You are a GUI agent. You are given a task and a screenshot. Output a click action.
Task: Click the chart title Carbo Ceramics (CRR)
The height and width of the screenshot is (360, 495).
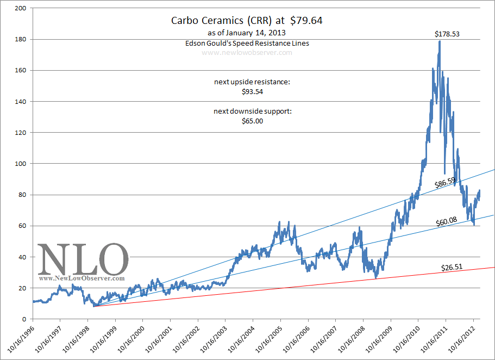(228, 21)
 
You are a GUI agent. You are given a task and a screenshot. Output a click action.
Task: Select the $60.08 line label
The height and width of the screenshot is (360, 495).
(448, 221)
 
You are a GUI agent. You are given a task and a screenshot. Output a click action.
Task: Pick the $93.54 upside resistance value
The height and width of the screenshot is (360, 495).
(252, 92)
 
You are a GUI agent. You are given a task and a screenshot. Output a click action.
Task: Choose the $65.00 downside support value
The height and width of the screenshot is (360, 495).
(252, 121)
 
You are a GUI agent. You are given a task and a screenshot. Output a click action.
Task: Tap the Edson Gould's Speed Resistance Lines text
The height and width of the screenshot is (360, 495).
(247, 43)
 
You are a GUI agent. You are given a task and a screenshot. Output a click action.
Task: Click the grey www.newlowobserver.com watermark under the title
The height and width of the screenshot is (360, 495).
(247, 53)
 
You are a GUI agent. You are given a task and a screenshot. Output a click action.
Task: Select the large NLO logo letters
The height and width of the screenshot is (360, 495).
(83, 259)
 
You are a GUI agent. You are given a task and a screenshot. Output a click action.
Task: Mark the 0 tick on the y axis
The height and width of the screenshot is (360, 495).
(24, 319)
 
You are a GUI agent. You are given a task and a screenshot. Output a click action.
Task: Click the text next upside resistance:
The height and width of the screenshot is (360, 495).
(252, 82)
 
